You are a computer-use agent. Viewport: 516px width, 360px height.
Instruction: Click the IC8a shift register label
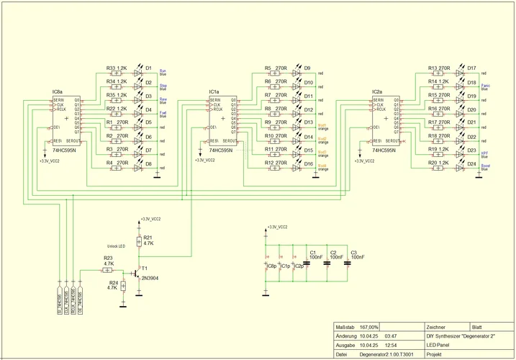click(58, 92)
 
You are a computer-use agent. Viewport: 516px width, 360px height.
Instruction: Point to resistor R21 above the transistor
click(139, 240)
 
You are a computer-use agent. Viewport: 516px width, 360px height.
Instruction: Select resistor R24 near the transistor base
click(123, 286)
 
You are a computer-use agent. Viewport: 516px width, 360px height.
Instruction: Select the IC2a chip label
click(377, 92)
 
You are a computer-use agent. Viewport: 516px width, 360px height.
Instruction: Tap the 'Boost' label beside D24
click(486, 166)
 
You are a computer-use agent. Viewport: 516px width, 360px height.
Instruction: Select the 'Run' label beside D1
click(163, 71)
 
